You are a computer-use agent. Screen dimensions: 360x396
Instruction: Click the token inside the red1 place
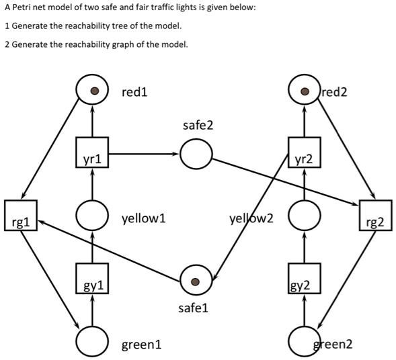click(x=93, y=91)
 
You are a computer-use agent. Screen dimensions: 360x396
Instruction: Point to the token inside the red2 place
click(x=305, y=91)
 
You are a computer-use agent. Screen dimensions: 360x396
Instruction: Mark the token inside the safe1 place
click(x=195, y=281)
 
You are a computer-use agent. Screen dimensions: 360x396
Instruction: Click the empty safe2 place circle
click(x=195, y=155)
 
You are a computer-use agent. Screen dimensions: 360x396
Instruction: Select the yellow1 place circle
click(x=92, y=216)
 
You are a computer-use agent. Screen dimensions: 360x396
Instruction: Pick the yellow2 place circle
click(x=305, y=216)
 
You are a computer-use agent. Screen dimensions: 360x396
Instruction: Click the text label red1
click(x=134, y=92)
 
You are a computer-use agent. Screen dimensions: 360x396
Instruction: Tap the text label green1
click(x=141, y=345)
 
